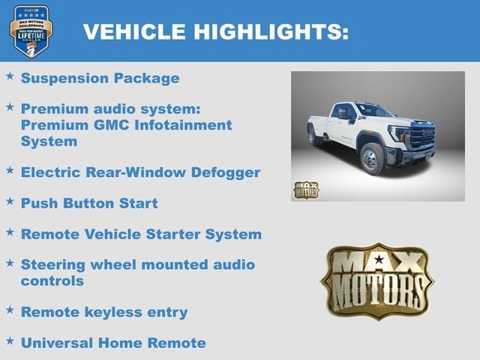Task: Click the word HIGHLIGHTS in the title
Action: tap(272, 31)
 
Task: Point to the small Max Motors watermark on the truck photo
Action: tap(305, 190)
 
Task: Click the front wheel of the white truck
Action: tap(373, 158)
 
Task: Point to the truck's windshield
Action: tap(373, 110)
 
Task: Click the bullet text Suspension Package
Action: tap(100, 78)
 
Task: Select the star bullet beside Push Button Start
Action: tap(10, 201)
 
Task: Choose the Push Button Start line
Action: tap(89, 203)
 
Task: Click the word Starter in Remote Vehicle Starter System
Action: tap(178, 234)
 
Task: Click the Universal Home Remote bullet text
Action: tap(113, 343)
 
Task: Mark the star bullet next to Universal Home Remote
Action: tap(10, 340)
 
